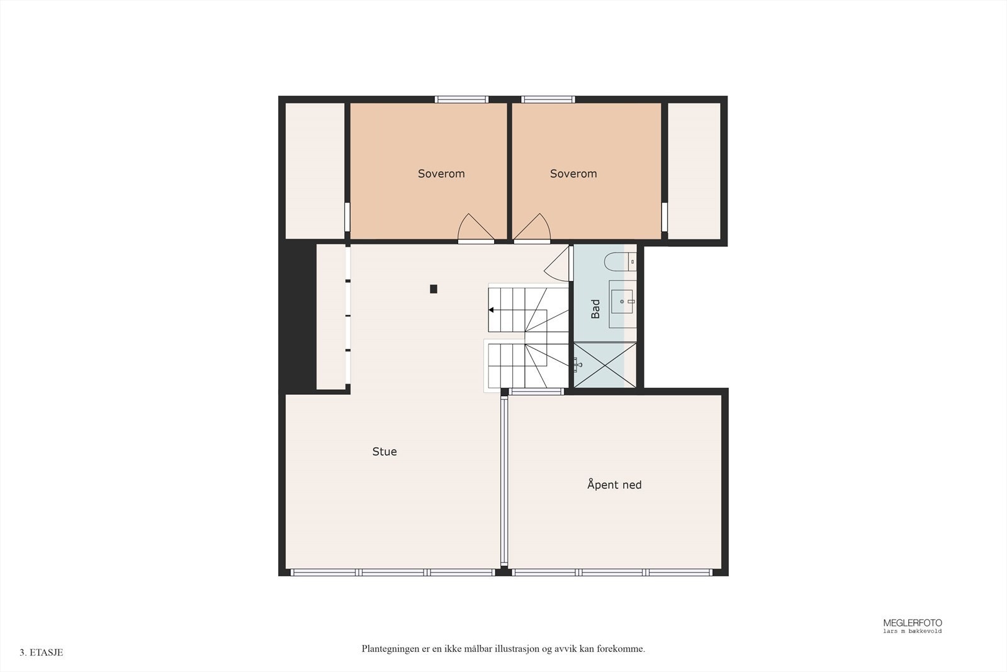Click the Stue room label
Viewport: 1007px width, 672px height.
pos(385,452)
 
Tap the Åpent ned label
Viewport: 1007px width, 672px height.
pos(614,485)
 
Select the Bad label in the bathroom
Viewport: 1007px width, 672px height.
pos(595,309)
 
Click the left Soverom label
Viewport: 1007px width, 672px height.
pos(441,174)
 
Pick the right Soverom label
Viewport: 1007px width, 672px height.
pos(573,174)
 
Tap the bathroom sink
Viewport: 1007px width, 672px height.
pos(622,301)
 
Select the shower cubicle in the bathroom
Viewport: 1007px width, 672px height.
pos(603,365)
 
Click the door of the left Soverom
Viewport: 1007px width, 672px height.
pos(475,229)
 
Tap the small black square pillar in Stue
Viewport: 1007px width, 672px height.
pos(434,289)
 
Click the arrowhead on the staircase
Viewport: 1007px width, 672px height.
pos(491,310)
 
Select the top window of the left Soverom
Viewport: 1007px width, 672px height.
pos(461,100)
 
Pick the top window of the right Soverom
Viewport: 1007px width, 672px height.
pos(548,100)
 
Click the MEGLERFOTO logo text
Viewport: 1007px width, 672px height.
pos(913,623)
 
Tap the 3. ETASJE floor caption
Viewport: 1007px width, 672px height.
pos(42,652)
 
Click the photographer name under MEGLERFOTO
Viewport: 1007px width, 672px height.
pos(913,631)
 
